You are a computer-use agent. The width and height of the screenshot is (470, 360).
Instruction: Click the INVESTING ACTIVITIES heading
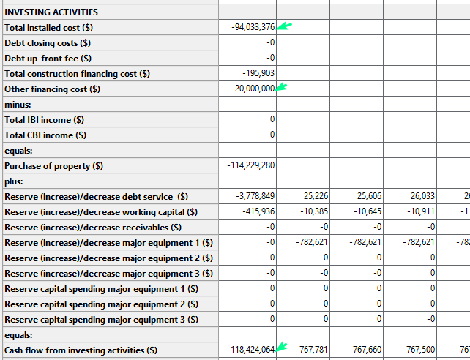coord(51,12)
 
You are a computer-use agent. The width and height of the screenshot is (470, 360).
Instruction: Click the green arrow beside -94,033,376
coord(284,26)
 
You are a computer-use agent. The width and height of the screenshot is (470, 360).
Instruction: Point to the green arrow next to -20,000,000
coord(282,87)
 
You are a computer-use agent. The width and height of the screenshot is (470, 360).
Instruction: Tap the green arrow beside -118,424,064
coord(282,347)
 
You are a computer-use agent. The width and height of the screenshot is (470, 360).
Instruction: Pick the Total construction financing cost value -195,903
coord(258,73)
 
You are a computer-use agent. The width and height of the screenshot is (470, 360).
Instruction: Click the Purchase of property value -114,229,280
coord(251,165)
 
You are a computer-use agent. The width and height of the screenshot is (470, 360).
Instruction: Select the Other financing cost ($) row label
coord(52,89)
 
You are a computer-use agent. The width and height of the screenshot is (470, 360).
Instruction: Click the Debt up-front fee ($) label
coord(48,58)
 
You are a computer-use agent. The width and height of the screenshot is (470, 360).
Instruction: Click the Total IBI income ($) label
coord(44,119)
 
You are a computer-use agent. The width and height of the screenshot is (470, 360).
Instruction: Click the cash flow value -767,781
coord(312,350)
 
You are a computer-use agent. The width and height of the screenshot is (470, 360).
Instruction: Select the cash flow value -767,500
coord(419,350)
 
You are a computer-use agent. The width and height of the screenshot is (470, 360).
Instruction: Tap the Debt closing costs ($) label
coord(48,42)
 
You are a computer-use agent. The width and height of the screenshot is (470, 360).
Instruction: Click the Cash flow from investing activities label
coord(81,350)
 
